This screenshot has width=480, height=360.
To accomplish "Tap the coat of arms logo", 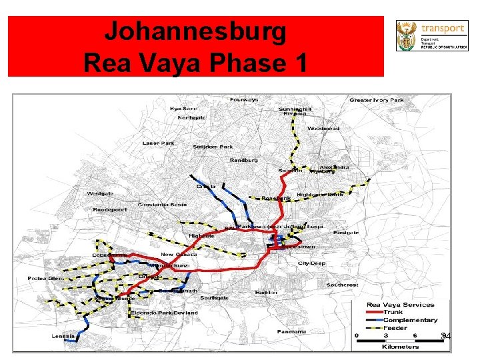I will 405,35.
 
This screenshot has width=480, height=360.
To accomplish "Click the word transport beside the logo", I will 442,28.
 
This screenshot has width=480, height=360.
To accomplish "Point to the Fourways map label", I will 245,100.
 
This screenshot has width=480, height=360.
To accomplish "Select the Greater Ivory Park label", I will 377,101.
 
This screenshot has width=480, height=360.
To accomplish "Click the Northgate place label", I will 191,117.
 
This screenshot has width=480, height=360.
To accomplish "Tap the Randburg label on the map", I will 243,160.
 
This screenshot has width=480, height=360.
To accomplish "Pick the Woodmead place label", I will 323,129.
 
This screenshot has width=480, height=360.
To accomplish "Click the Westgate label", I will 101,193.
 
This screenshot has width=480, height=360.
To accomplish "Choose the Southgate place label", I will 214,297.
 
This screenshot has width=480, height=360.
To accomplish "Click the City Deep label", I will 311,263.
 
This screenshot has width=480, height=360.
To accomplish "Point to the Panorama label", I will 292,331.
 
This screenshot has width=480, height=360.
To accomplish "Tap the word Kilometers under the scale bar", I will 401,347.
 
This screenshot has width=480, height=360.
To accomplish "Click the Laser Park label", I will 159,143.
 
